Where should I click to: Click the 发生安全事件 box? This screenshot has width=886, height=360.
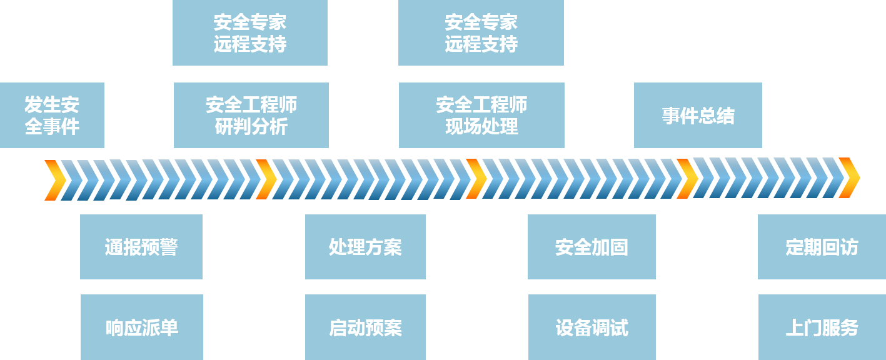(x=52, y=115)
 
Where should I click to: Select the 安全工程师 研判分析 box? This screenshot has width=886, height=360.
(x=251, y=115)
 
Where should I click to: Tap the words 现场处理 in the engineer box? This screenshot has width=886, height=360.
(x=481, y=127)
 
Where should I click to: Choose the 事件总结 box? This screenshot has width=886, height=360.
(x=698, y=115)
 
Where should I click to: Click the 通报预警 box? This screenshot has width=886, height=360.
(x=141, y=247)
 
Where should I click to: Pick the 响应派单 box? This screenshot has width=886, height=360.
(x=141, y=327)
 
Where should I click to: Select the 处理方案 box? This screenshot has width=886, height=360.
(x=365, y=247)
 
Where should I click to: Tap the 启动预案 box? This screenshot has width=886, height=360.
(x=365, y=327)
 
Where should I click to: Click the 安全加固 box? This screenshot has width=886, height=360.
(x=592, y=247)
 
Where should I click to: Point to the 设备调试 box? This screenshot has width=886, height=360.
(x=592, y=327)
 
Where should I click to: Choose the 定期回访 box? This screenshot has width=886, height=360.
(x=822, y=247)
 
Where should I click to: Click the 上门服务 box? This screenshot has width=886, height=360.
(x=822, y=327)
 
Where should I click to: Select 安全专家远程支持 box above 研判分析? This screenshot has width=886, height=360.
(x=249, y=32)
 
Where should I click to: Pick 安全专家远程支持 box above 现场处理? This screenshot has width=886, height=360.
(x=481, y=32)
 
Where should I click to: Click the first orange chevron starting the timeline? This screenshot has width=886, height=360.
(x=55, y=180)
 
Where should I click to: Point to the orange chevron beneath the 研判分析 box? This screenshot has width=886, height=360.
(x=266, y=179)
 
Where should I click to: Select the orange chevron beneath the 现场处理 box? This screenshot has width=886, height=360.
(x=476, y=179)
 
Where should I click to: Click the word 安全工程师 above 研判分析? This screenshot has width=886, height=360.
(x=251, y=104)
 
